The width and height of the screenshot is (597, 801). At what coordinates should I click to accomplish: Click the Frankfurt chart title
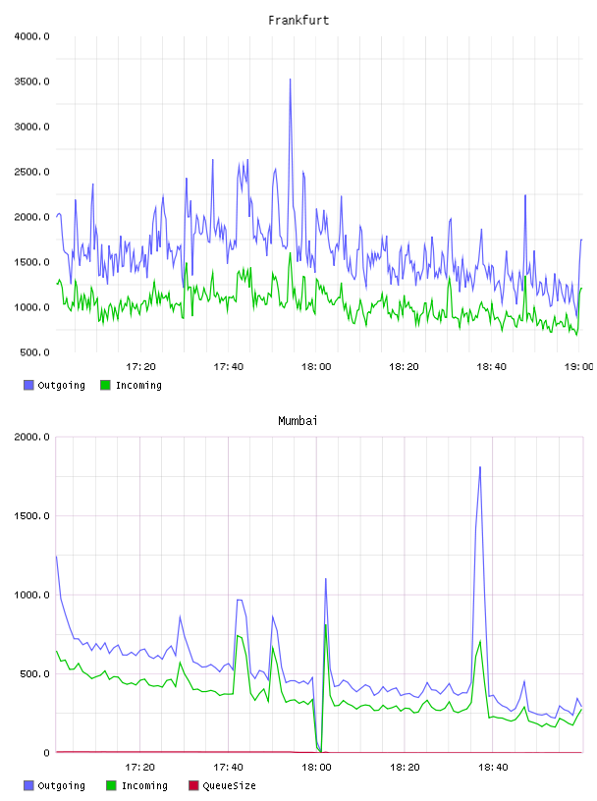click(x=298, y=21)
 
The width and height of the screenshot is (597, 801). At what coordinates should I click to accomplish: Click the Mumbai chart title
click(x=298, y=421)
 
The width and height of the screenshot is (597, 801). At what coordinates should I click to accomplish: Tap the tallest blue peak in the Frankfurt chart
click(x=291, y=80)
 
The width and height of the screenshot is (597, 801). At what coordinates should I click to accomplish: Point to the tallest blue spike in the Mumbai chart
click(x=480, y=467)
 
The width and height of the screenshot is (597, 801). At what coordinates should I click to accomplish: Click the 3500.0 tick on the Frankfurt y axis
click(x=31, y=81)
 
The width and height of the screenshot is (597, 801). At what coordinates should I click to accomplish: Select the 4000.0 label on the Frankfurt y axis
click(x=31, y=36)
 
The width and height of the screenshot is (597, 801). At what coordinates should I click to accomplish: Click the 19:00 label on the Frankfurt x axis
click(x=578, y=367)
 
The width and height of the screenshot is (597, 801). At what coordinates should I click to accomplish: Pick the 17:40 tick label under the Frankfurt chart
click(x=228, y=367)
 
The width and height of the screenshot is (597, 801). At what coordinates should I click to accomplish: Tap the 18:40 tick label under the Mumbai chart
click(x=493, y=768)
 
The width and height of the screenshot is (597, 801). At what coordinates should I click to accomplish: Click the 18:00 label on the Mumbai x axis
click(x=316, y=768)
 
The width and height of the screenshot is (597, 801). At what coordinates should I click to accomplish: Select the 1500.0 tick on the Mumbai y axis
click(x=31, y=516)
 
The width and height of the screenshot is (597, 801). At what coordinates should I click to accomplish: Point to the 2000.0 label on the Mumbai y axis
click(x=31, y=437)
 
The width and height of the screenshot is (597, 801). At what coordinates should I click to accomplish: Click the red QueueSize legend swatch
click(x=193, y=785)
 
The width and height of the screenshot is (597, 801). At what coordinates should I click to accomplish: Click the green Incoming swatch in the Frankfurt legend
click(x=105, y=385)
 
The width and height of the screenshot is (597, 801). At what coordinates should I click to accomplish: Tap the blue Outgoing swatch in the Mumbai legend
click(x=28, y=785)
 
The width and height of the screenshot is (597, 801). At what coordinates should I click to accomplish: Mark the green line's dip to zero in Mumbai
click(x=321, y=752)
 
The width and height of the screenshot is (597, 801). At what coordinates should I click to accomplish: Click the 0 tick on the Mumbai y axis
click(x=46, y=753)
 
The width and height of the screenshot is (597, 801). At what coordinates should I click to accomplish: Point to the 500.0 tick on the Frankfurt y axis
click(x=34, y=352)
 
